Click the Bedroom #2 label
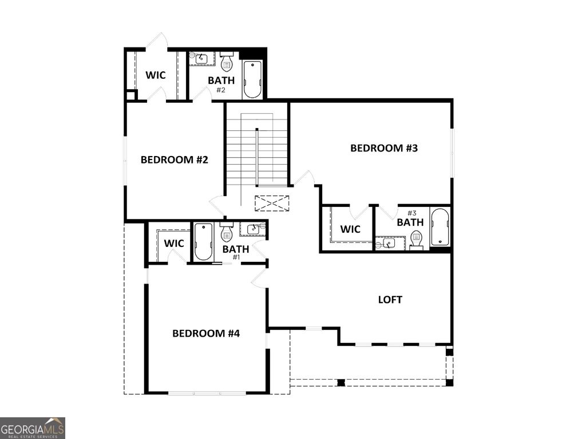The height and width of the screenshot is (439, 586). coord(174,159)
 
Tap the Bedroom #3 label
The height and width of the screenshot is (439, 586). coord(384,148)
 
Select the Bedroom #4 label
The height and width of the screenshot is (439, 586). coord(205,333)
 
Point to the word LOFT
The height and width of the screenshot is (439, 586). coord(390,300)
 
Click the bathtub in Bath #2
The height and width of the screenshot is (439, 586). coord(252,79)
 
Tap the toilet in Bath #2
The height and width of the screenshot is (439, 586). coord(227,62)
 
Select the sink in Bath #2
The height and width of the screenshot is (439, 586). coord(202,58)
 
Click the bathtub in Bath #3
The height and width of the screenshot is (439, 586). coord(439,227)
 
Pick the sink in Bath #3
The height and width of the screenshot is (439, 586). coord(389,243)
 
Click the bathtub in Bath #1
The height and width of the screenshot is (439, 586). coord(203,242)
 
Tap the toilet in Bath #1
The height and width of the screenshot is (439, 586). coord(226,232)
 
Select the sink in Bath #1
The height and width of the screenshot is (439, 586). coord(252,229)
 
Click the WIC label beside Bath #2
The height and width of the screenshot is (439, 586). coord(155,75)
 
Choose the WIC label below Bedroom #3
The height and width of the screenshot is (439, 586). coord(350,229)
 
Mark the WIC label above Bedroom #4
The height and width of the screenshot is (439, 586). coord(174,244)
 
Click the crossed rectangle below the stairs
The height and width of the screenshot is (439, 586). coord(272,202)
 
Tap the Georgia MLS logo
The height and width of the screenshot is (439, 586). coord(33,428)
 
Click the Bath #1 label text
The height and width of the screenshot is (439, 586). coord(236,250)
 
